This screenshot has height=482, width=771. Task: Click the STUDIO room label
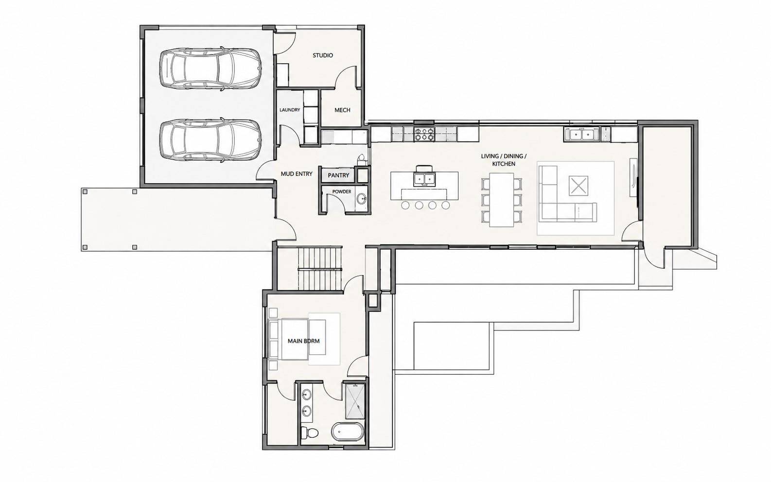point(322,55)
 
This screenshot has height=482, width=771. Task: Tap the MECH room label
point(342,110)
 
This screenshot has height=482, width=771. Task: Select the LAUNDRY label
point(289,110)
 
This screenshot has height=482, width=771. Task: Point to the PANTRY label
point(338,175)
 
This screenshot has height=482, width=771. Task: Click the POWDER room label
point(341,191)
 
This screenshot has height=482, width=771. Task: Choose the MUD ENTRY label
point(297,174)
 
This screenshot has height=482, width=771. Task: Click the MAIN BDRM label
point(303,341)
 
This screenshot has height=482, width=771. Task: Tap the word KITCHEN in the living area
point(504,164)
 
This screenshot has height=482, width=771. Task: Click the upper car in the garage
point(210,69)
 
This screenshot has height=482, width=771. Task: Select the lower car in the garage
point(210,139)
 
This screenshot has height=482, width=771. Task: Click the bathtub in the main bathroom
point(347,431)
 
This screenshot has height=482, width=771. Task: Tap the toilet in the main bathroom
point(309,432)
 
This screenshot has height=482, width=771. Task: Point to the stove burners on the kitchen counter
point(425,134)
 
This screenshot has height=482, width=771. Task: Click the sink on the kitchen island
point(424,179)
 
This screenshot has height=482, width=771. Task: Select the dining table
point(502,200)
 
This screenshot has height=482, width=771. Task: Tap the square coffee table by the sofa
point(578,186)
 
